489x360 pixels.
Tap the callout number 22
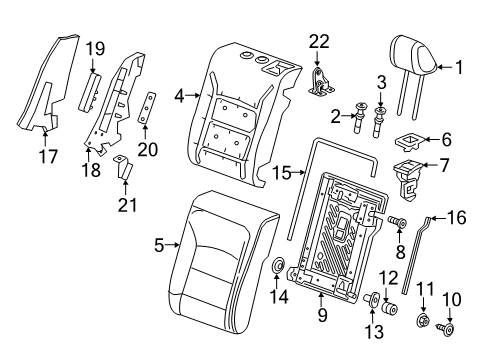point(319,42)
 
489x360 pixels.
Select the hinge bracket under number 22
point(320,83)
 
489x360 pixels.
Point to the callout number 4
point(179,97)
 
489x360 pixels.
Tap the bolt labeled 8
point(397,222)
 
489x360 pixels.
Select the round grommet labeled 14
point(277,266)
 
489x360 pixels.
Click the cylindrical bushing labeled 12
point(390,308)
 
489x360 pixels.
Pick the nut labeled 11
point(423,321)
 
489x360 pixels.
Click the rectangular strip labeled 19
point(90,92)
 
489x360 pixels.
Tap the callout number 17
point(48,157)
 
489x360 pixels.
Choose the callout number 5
point(159,246)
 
